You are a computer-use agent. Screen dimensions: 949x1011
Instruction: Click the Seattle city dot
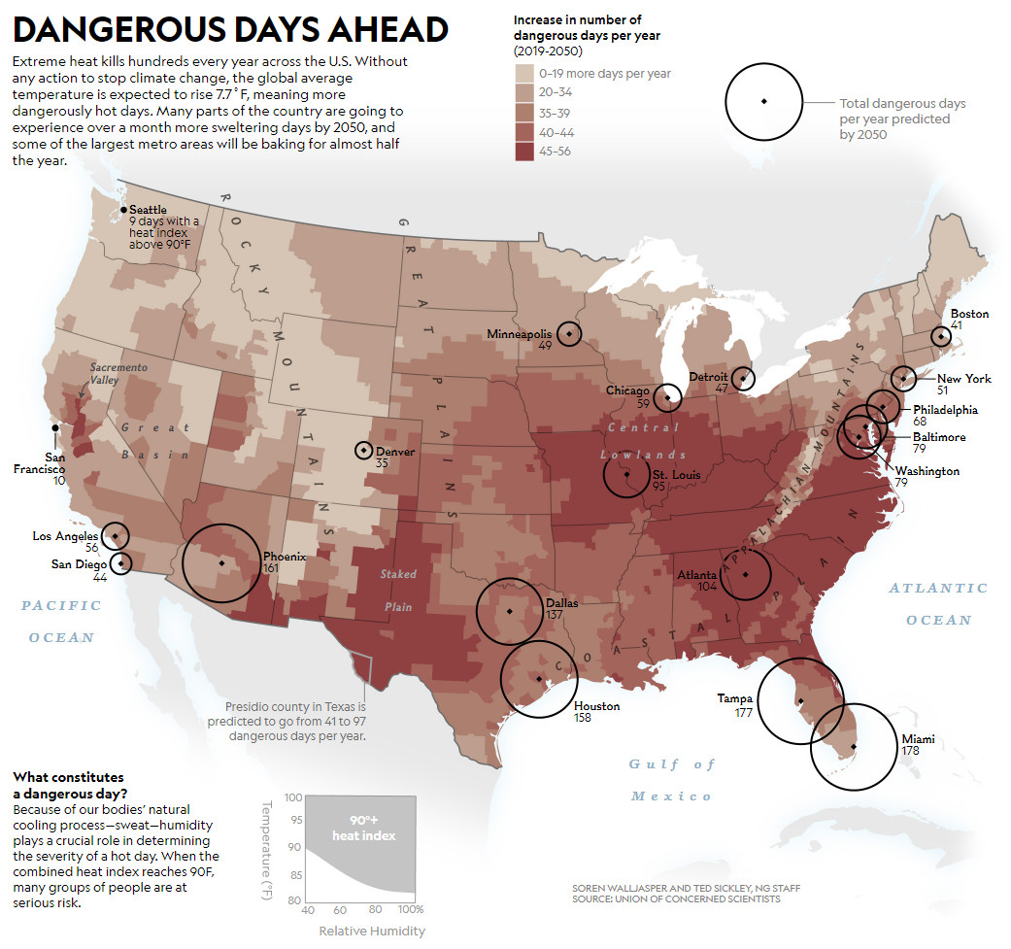click(x=123, y=210)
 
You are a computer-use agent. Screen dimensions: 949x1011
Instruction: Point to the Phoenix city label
click(x=285, y=557)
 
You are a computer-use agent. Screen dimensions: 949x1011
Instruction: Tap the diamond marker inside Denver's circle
click(x=363, y=450)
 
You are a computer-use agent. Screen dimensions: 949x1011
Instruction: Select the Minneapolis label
click(x=519, y=334)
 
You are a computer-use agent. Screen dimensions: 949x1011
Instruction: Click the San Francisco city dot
click(x=55, y=426)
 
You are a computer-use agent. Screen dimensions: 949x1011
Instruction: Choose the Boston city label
click(x=969, y=314)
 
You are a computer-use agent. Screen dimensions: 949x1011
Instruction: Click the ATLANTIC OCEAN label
click(x=938, y=603)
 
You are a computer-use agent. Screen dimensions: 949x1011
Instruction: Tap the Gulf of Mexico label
click(x=671, y=780)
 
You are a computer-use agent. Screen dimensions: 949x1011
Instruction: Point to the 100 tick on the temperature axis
click(x=293, y=797)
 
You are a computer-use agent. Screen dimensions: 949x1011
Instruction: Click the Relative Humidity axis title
click(x=372, y=932)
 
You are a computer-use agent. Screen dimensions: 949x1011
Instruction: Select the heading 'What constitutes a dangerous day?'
click(x=69, y=785)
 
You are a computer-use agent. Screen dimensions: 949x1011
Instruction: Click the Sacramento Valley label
click(x=118, y=374)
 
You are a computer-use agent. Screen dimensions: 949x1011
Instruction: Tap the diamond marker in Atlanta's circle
click(x=745, y=574)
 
